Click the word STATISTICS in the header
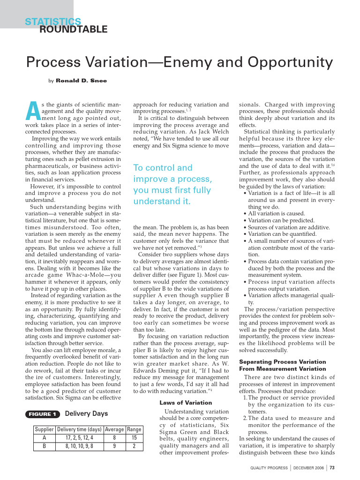pos(53,22)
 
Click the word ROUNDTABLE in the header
pos(73,30)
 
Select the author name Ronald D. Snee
pos(81,81)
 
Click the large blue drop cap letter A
pos(31,110)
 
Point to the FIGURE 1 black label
pos(42,414)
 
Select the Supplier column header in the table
pos(45,429)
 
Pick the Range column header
pos(134,429)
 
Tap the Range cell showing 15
pos(134,438)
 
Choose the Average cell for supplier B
pos(114,446)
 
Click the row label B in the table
pos(45,446)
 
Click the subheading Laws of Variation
pos(179,402)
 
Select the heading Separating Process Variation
pos(282,362)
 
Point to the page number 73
pos(332,467)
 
